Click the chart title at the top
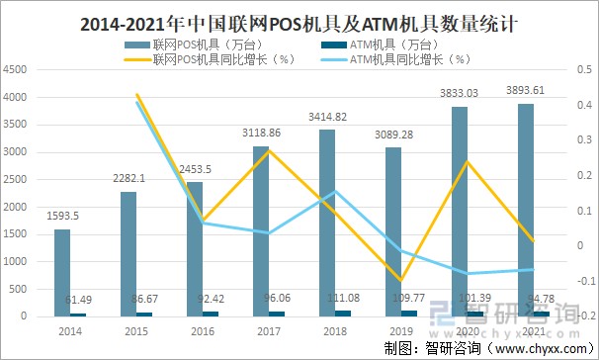pos(299,19)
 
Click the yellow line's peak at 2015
pos(135,95)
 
